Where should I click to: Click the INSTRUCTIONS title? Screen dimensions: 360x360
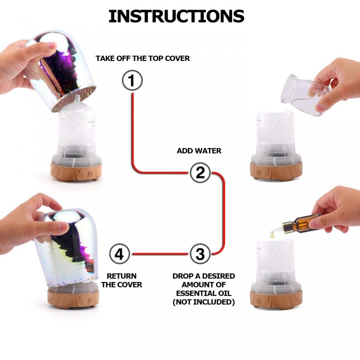pyautogui.click(x=176, y=16)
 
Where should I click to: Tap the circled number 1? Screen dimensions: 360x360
pyautogui.click(x=132, y=80)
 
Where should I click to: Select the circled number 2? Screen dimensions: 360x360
pyautogui.click(x=200, y=172)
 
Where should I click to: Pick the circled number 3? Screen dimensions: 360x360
pyautogui.click(x=200, y=254)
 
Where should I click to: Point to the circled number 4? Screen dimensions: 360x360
pyautogui.click(x=119, y=254)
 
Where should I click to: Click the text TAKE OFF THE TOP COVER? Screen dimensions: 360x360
pyautogui.click(x=142, y=58)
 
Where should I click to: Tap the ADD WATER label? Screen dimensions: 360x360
pyautogui.click(x=199, y=150)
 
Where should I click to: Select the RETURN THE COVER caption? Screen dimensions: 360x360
pyautogui.click(x=121, y=280)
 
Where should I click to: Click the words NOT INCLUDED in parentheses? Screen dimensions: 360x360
pyautogui.click(x=203, y=302)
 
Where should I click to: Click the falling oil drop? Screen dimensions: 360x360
pyautogui.click(x=272, y=234)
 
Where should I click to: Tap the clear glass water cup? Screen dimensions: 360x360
pyautogui.click(x=304, y=94)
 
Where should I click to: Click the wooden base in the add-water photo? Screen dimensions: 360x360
pyautogui.click(x=276, y=171)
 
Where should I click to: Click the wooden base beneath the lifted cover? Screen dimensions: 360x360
pyautogui.click(x=76, y=172)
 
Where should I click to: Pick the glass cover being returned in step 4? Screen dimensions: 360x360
pyautogui.click(x=66, y=248)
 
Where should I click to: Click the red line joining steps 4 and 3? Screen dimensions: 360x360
pyautogui.click(x=160, y=254)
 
